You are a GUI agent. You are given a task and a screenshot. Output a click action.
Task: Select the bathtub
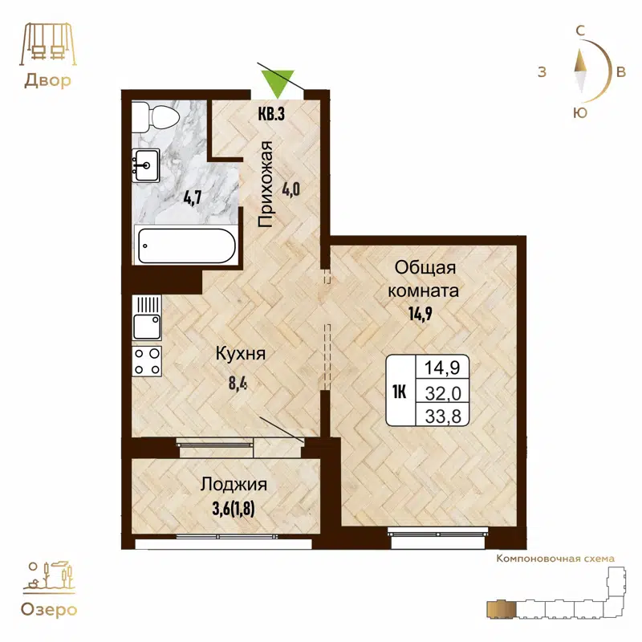click(185, 245)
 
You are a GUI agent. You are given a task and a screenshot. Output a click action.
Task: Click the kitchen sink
click(148, 326)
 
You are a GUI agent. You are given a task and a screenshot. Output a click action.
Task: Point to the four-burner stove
click(148, 361)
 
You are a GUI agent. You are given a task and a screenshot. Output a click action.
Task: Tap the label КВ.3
click(271, 114)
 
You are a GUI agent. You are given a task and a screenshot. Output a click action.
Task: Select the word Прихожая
click(268, 185)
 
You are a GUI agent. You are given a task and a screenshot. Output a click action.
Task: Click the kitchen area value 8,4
click(238, 382)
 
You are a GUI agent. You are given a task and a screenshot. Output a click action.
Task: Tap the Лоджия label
click(234, 485)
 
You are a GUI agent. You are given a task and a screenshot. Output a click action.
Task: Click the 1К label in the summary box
click(400, 392)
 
